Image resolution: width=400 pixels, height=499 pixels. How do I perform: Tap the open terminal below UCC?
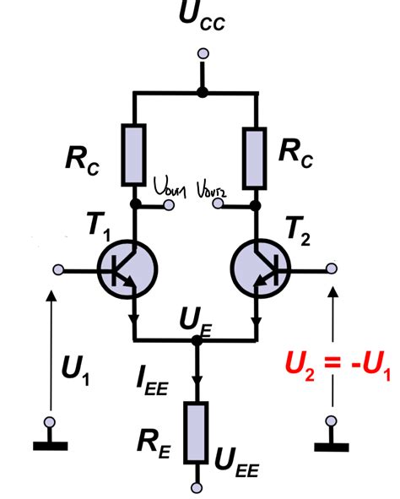201,53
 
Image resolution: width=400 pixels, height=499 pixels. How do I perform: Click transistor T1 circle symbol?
126,269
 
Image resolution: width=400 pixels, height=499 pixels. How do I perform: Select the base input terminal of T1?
59,269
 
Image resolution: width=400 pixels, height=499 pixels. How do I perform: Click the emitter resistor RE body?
197,432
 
